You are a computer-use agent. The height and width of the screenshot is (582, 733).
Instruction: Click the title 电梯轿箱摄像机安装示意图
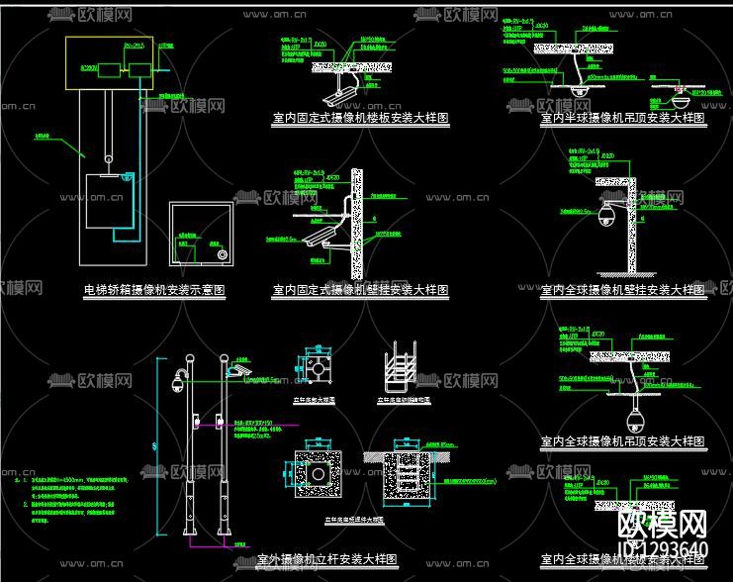154,291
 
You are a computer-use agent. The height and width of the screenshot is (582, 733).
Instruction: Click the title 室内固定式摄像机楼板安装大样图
360,118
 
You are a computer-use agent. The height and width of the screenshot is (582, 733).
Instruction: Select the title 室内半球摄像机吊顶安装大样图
623,118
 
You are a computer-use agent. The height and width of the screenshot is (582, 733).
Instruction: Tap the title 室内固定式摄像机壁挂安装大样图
360,291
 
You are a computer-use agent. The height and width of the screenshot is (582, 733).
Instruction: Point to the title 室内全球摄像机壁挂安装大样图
623,291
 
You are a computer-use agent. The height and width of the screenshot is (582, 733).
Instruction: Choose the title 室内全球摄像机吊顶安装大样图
623,441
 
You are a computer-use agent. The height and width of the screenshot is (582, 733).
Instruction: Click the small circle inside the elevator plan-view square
223,252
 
